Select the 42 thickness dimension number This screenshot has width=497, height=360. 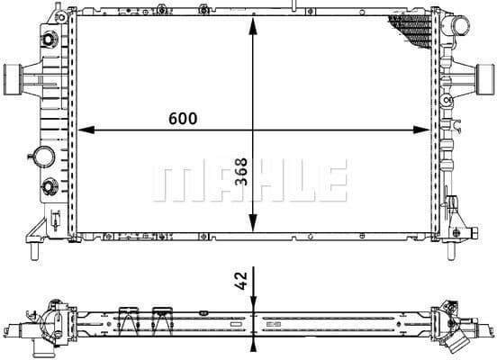[x=240, y=281]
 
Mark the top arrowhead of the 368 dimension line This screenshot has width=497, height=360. [x=255, y=25]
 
